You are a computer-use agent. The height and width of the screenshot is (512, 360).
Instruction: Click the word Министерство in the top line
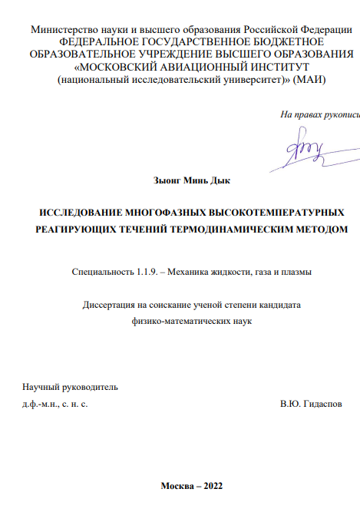[65, 29]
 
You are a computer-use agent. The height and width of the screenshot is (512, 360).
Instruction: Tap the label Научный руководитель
[71, 387]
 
